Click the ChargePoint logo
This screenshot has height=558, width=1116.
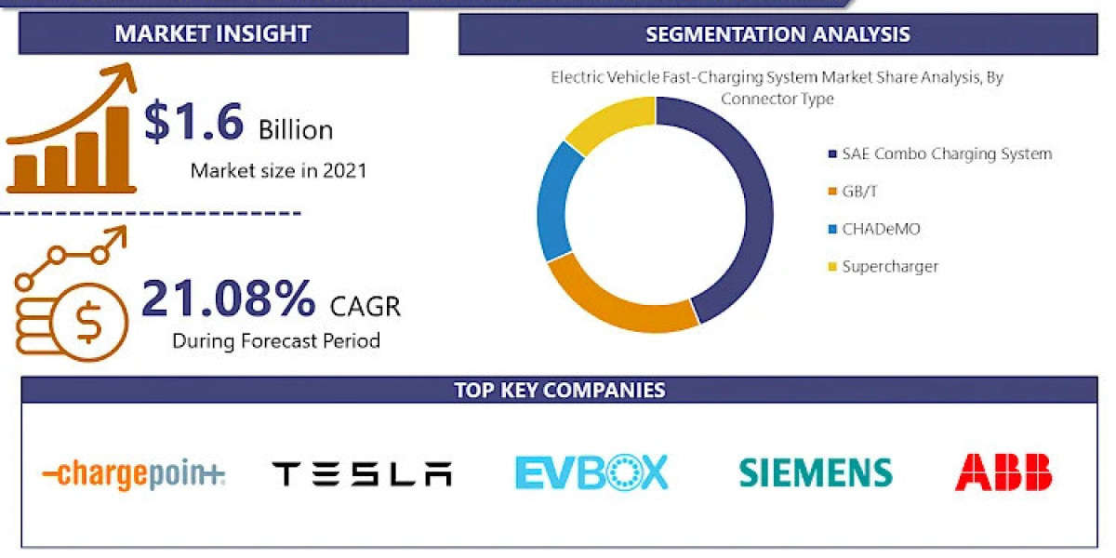tap(134, 474)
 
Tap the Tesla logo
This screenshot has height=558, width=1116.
tap(362, 474)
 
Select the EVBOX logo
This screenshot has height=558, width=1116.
tap(591, 472)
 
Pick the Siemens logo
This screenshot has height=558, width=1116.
tap(816, 472)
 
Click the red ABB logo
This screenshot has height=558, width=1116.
tap(1003, 472)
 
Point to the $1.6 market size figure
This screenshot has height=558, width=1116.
tap(194, 123)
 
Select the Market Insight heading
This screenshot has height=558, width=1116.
tap(212, 34)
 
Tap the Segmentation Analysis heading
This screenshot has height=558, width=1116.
tap(777, 35)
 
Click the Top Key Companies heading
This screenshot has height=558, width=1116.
tap(559, 390)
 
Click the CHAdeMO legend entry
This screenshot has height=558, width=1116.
tap(880, 229)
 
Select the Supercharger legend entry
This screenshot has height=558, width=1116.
tap(889, 267)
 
